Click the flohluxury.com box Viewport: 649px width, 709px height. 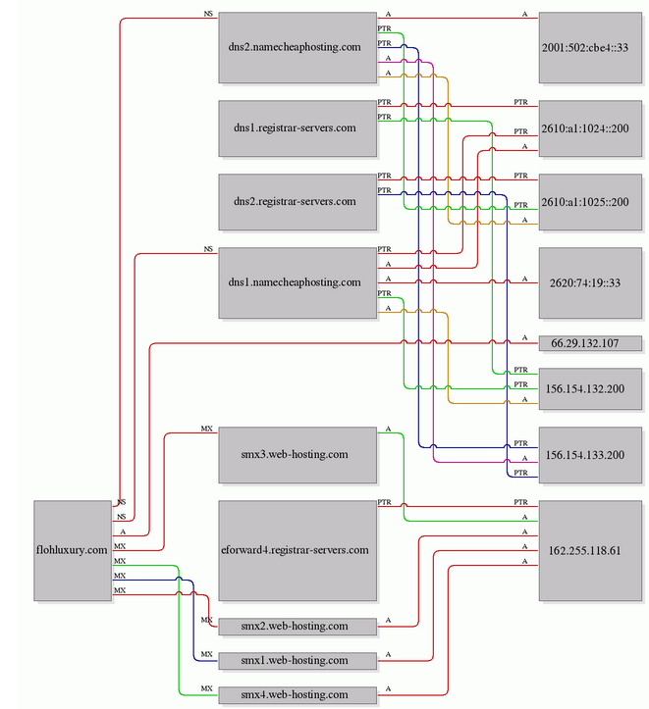(x=73, y=550)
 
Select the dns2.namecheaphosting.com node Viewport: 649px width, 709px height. (x=297, y=47)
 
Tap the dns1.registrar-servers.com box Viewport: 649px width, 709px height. (x=297, y=128)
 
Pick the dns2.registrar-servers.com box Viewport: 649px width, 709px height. (x=297, y=202)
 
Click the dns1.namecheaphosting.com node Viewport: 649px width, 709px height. (x=297, y=282)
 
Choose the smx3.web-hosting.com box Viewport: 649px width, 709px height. (x=297, y=455)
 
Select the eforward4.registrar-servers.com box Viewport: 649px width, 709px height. (x=297, y=550)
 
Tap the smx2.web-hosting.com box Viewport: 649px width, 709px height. (x=297, y=627)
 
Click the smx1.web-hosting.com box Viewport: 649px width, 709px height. (x=297, y=661)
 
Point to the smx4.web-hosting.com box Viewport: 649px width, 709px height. (x=297, y=695)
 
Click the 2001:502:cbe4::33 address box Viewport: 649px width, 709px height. (x=590, y=47)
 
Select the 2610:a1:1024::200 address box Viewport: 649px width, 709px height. (x=590, y=128)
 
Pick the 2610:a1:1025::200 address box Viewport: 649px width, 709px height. (x=590, y=202)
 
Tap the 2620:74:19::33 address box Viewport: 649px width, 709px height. (x=590, y=282)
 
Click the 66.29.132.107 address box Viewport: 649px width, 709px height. (x=590, y=343)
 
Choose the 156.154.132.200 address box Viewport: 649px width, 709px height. (x=590, y=389)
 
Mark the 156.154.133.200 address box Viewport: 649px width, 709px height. (x=590, y=455)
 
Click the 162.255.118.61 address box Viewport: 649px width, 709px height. (x=590, y=550)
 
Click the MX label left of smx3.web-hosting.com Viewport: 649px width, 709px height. (x=207, y=429)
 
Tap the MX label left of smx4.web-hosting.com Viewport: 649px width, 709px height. (x=207, y=688)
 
